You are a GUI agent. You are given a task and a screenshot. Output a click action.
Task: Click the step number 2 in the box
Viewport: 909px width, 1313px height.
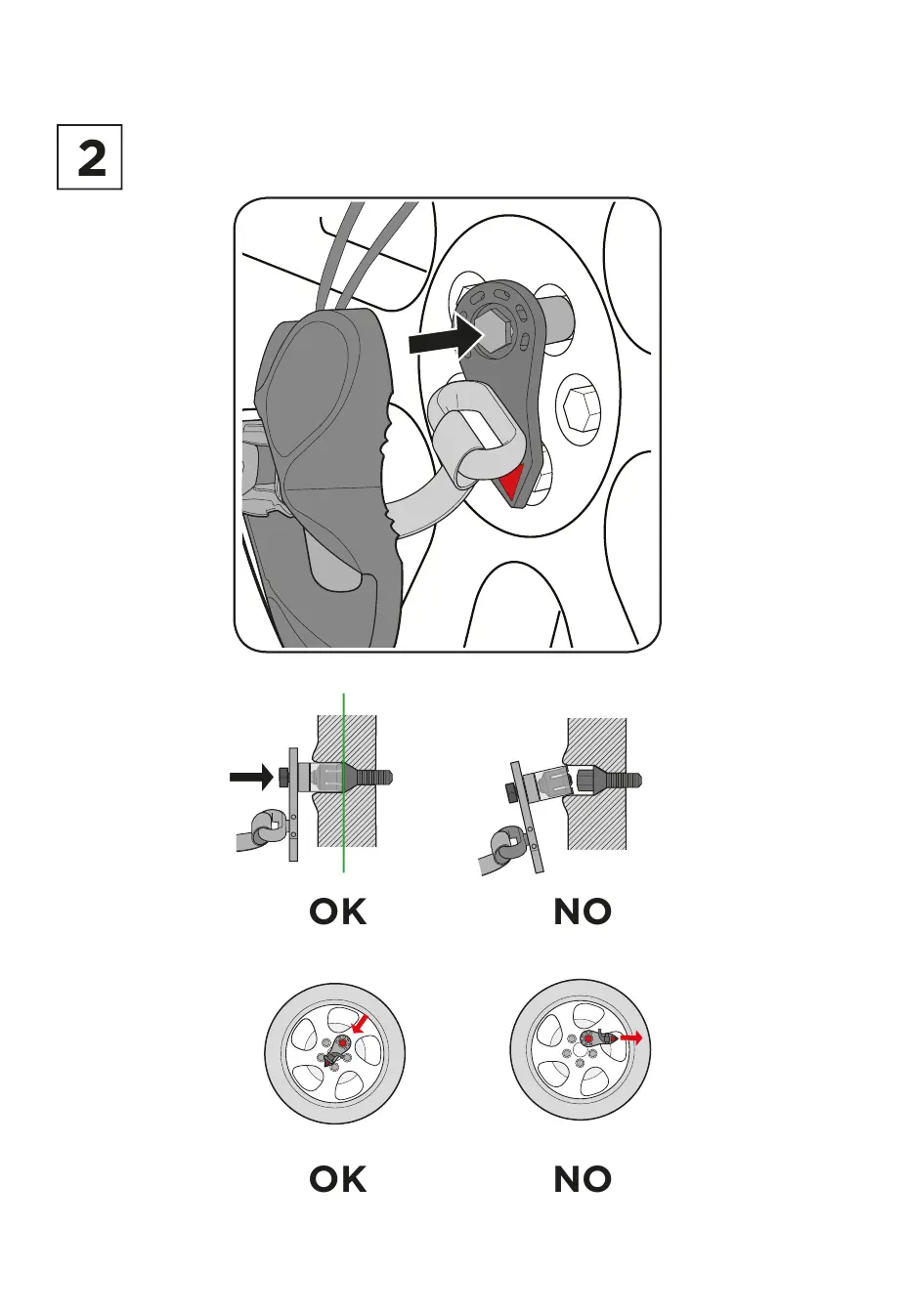coord(90,157)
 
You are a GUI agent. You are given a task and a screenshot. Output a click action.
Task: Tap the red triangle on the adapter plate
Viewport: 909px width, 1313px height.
coord(512,484)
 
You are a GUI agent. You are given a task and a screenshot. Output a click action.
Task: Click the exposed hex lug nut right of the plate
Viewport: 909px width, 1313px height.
coord(577,406)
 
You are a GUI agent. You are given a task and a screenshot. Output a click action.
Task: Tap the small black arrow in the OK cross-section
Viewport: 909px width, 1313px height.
coord(251,778)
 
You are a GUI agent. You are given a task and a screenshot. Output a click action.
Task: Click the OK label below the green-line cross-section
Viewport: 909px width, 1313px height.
coord(338,912)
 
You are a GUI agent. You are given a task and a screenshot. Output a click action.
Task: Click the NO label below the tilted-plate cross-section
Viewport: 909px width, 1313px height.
coord(583,912)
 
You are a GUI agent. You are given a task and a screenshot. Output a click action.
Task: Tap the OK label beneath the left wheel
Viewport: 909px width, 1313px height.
coord(338,1180)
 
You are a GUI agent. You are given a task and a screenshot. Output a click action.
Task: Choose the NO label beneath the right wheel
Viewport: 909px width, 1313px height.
coord(583,1180)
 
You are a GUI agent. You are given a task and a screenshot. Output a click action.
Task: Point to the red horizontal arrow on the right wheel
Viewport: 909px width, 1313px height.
coord(631,1038)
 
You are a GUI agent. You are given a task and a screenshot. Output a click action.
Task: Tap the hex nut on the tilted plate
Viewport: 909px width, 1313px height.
coord(510,790)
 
